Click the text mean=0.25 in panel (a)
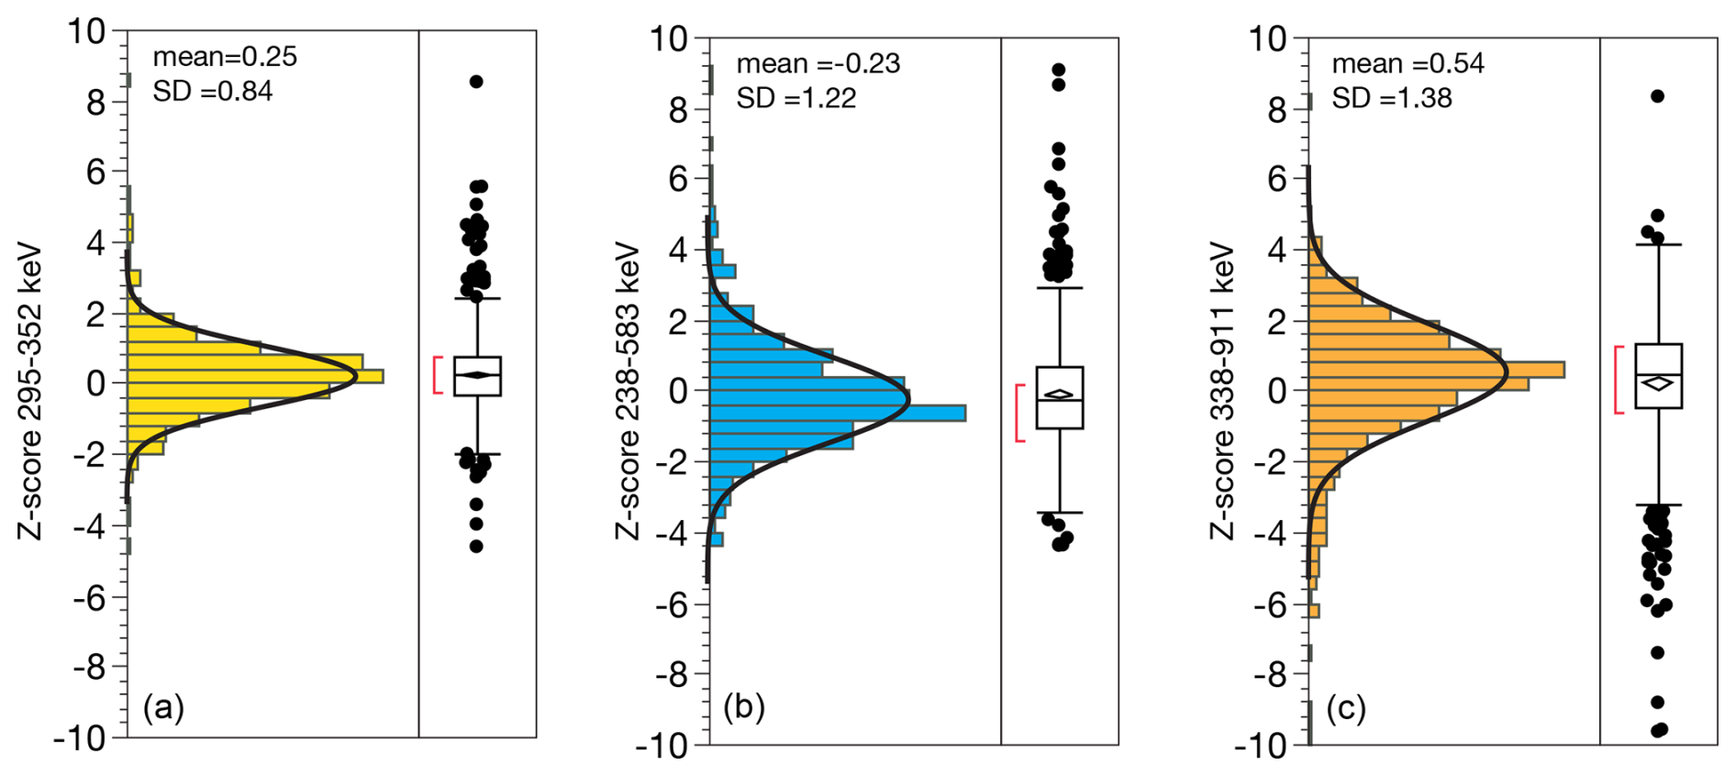point(225,57)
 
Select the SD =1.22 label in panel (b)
point(796,98)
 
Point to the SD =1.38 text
point(1392,98)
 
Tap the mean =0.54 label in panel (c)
point(1408,63)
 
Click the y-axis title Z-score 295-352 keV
point(30,391)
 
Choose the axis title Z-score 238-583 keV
point(628,391)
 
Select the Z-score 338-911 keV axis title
point(1223,391)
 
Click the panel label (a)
point(163,708)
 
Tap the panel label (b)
point(744,708)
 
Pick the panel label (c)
point(1345,708)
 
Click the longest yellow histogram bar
point(255,376)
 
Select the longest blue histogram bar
point(838,413)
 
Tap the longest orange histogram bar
point(1436,370)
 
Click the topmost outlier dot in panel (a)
point(476,82)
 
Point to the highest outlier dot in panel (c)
point(1657,96)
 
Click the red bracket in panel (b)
point(1019,413)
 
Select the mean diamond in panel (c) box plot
point(1657,383)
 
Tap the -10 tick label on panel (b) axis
point(661,746)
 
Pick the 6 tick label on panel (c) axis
point(1278,178)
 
